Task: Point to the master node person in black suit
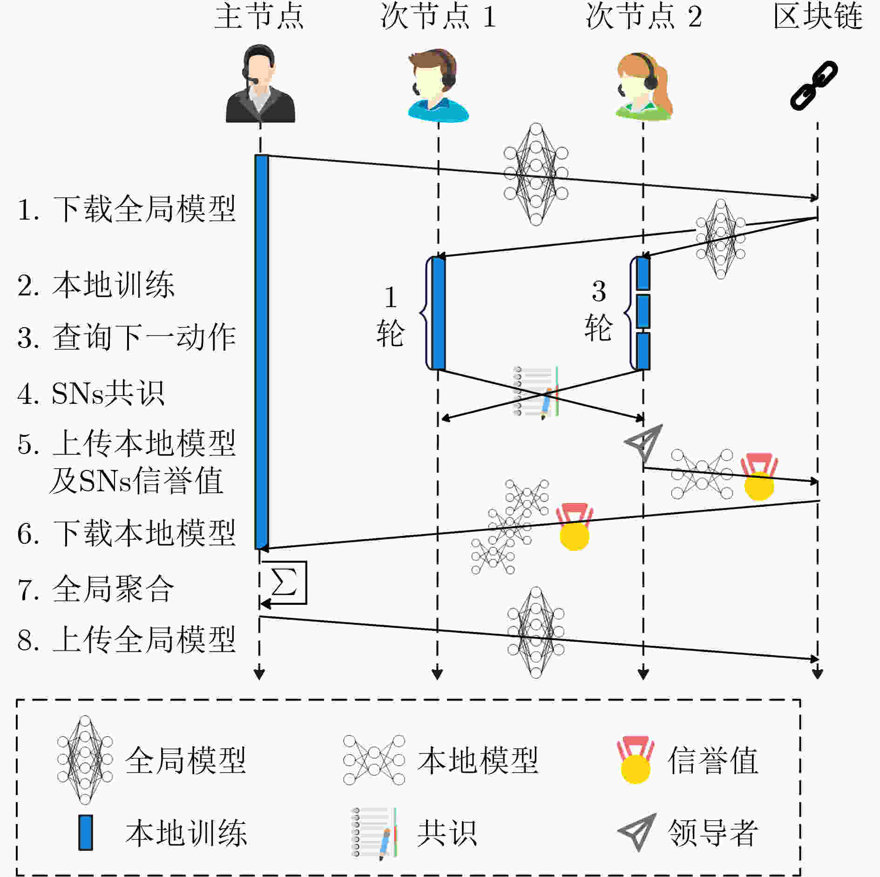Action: click(x=260, y=84)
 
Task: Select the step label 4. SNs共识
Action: click(x=91, y=394)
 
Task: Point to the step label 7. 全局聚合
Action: click(x=96, y=589)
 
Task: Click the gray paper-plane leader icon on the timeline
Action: click(x=643, y=442)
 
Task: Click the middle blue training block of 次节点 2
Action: click(x=643, y=311)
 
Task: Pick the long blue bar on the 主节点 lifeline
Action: click(x=262, y=352)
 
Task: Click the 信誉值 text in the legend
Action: click(x=713, y=760)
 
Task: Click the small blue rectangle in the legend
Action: click(x=86, y=832)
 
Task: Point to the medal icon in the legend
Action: click(x=636, y=760)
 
